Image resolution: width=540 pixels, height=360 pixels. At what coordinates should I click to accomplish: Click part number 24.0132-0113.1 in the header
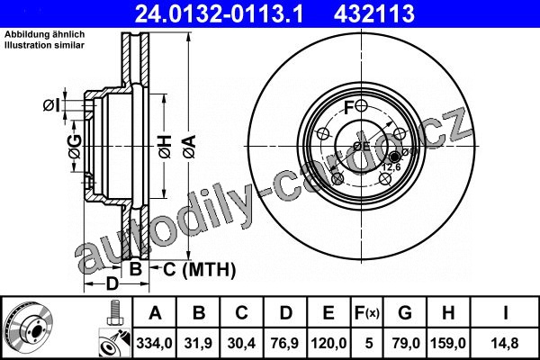(x=219, y=13)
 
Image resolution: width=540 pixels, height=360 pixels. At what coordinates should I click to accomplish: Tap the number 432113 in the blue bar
(x=374, y=13)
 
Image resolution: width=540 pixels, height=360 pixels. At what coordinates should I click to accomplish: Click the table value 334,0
(x=154, y=343)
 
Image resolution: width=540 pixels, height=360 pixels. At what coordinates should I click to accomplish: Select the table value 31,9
(x=198, y=343)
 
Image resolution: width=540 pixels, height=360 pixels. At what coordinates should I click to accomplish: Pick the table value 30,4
(x=241, y=343)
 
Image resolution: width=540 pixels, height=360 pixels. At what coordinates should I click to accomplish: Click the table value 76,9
(x=285, y=343)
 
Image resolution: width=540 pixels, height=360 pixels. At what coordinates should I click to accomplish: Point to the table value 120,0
(x=328, y=343)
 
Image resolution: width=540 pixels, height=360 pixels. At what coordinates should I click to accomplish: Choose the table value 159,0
(x=448, y=343)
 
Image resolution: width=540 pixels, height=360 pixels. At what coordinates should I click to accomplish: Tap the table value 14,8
(x=505, y=343)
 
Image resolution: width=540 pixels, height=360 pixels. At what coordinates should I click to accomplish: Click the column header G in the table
(x=405, y=313)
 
